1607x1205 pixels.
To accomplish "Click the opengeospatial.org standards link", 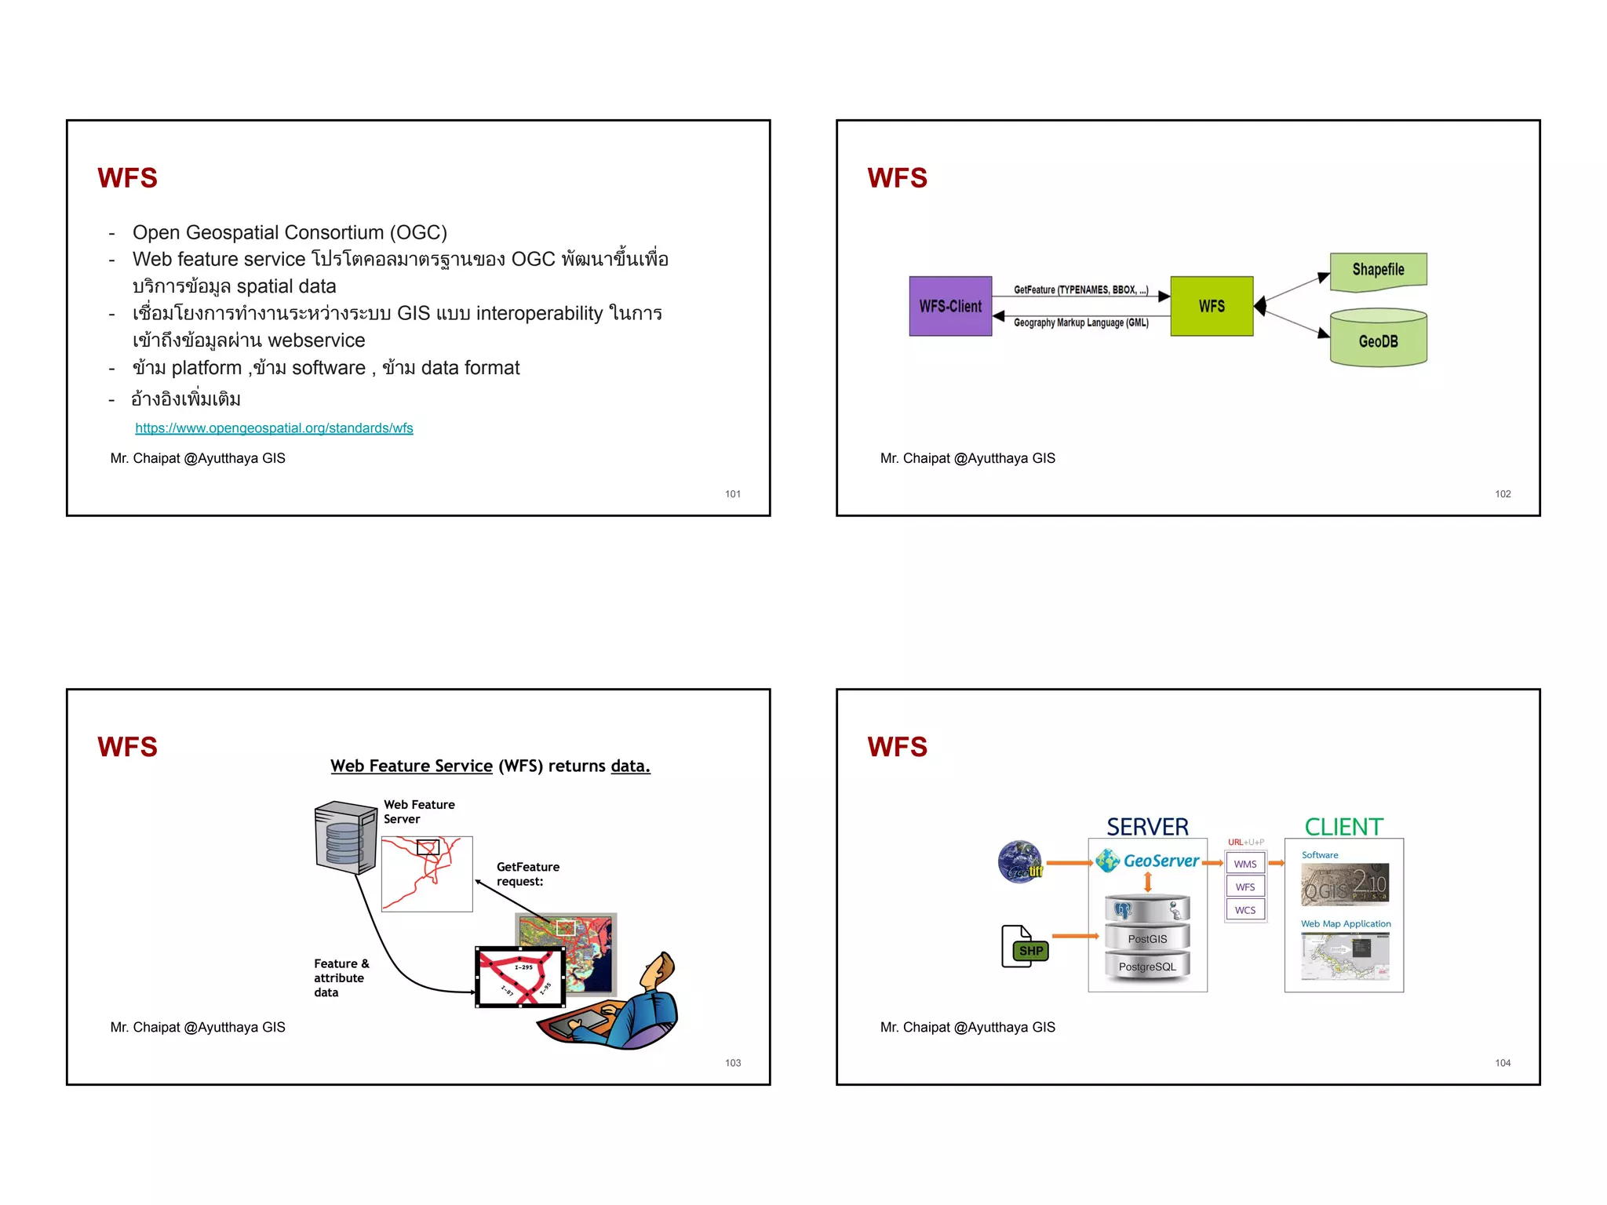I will tap(274, 428).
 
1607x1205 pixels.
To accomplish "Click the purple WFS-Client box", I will tap(950, 306).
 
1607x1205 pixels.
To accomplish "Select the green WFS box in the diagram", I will tap(1211, 306).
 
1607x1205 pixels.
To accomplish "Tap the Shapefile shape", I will tap(1378, 271).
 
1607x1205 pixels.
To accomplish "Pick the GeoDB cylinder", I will tap(1378, 339).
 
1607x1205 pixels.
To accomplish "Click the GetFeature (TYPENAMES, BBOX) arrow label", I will tap(1080, 289).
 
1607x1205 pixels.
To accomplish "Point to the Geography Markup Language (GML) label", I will tap(1080, 322).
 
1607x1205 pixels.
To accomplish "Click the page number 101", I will tap(732, 494).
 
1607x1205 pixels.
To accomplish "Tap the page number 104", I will tap(1502, 1063).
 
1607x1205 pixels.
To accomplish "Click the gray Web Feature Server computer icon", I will tap(344, 837).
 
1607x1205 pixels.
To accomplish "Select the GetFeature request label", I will tap(527, 874).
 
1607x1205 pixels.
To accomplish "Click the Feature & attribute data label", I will tap(341, 977).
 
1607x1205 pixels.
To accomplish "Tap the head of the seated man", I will tap(661, 969).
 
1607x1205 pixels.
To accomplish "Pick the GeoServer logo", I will tap(1149, 861).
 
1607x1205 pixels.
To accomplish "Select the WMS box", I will tap(1245, 864).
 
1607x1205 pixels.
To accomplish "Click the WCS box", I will tap(1245, 910).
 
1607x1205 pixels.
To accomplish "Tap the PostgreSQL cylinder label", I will tap(1147, 967).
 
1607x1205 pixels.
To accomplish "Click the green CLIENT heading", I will tap(1343, 827).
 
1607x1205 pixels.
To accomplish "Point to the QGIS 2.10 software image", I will tap(1344, 884).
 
